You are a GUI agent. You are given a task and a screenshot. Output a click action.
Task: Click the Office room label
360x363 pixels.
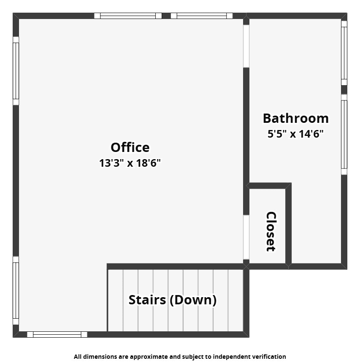point(130,147)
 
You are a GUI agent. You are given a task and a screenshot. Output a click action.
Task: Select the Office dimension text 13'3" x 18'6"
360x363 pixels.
point(130,163)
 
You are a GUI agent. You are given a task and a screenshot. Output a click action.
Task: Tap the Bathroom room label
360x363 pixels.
point(296,118)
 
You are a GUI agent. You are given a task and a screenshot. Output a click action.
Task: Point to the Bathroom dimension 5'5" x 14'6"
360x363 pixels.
point(295,134)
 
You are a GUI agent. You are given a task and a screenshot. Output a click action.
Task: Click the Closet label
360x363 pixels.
point(271,231)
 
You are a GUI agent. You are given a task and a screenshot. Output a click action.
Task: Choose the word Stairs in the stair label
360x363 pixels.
point(147,300)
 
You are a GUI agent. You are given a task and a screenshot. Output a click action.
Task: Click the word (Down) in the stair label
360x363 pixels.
point(193,300)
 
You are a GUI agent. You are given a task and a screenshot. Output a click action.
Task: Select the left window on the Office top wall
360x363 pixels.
point(128,16)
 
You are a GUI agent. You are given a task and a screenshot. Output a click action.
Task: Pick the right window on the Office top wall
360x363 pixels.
point(202,16)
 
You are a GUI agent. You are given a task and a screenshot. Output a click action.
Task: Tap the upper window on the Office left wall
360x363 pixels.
point(16,71)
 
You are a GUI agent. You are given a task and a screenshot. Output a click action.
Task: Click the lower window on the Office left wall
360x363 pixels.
point(16,290)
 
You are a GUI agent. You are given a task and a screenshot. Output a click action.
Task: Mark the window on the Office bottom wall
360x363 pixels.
point(57,334)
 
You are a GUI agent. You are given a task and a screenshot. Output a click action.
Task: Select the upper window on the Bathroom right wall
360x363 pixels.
point(344,53)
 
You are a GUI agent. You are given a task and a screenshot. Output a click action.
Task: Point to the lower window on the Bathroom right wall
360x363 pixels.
point(344,134)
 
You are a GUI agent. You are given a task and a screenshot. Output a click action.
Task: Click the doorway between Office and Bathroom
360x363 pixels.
point(246,46)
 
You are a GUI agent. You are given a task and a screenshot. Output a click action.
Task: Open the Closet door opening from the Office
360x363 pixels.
point(246,237)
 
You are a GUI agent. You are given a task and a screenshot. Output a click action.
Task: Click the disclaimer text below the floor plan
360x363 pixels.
point(180,357)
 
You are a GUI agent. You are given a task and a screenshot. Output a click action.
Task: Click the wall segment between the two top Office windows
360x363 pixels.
point(166,16)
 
